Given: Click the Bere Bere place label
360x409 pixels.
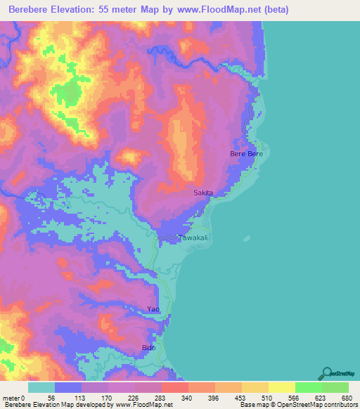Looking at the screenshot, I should pos(246,153).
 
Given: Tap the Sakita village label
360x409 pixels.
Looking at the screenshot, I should pos(202,192).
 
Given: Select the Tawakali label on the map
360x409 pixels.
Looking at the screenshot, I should pos(193,238).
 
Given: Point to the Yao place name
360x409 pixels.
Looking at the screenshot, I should pos(153,309).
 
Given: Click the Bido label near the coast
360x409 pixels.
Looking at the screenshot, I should pos(148,348).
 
